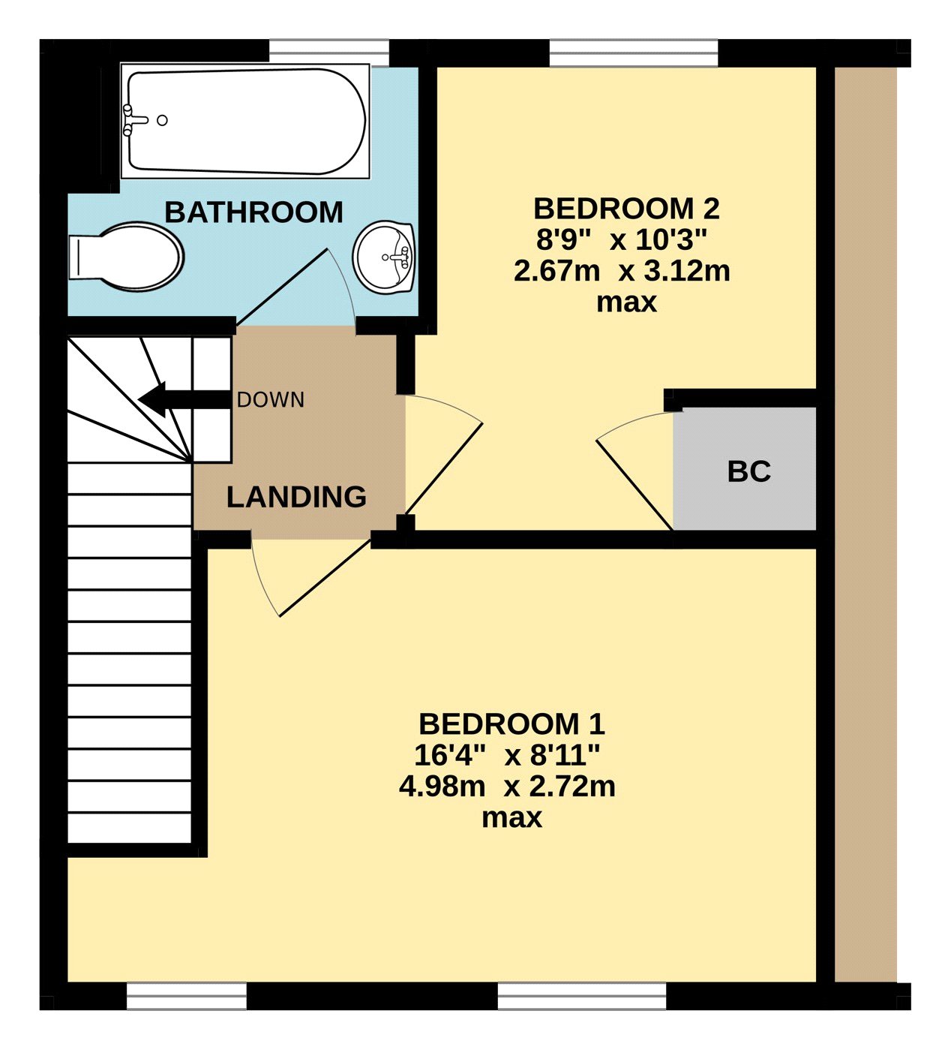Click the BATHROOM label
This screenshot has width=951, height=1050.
[253, 212]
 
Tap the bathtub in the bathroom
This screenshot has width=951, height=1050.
[245, 121]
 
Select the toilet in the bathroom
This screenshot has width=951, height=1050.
[126, 257]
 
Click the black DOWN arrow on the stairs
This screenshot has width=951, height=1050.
[184, 400]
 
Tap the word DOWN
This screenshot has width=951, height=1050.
[271, 400]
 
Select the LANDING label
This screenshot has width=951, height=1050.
[296, 497]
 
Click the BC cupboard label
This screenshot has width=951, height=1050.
[749, 471]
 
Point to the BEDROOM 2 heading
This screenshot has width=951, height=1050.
[626, 209]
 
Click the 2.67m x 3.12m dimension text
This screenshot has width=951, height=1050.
[622, 272]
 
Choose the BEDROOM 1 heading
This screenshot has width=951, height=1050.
[511, 724]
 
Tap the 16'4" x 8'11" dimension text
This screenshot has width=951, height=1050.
[506, 755]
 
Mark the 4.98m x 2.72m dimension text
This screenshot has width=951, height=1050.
[507, 787]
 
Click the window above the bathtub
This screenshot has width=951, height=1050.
[329, 53]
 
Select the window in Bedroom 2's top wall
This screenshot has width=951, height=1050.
[634, 53]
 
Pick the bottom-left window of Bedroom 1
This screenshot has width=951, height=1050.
[187, 995]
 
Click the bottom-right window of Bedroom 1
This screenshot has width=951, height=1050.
[582, 995]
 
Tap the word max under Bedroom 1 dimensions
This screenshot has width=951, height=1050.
[511, 817]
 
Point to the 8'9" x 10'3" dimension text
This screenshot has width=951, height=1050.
[622, 240]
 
